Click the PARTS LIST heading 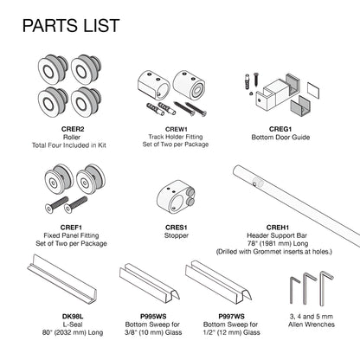click(x=71, y=25)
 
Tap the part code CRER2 click(x=73, y=129)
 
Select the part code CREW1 click(x=176, y=129)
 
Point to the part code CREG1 click(x=280, y=129)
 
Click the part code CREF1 click(x=71, y=228)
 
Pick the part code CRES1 click(x=177, y=228)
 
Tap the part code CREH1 click(x=278, y=228)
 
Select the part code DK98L click(x=73, y=317)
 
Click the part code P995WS click(x=153, y=317)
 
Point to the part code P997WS click(x=231, y=317)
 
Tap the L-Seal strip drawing click(x=62, y=278)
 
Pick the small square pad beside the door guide click(x=313, y=90)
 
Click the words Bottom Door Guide click(x=280, y=138)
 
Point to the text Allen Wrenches click(x=312, y=325)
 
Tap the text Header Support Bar click(x=277, y=235)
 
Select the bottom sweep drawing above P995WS click(x=150, y=283)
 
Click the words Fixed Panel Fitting click(x=71, y=235)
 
